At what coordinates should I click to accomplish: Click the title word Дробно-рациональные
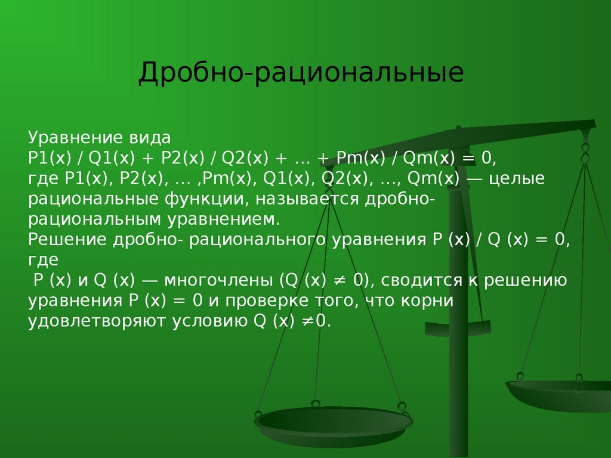pos(301,73)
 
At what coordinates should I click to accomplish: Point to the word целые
pos(517,179)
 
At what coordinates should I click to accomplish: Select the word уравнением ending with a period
pos(224,220)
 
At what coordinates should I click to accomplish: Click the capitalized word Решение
pos(67,240)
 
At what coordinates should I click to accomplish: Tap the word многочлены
pos(218,281)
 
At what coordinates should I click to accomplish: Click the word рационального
pos(257,240)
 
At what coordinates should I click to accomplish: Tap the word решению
pos(525,281)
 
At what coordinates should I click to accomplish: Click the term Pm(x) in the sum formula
pos(360,159)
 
